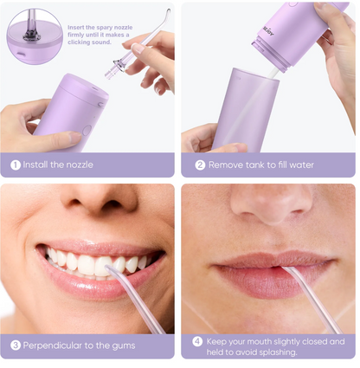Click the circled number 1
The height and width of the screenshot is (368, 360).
tap(16, 165)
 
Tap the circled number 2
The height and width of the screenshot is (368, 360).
tap(200, 165)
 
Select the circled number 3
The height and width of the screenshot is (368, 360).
tap(16, 345)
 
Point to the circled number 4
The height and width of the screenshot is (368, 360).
tap(197, 342)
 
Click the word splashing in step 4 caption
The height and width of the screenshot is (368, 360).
tap(278, 352)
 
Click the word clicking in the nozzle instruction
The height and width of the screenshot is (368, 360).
tap(79, 42)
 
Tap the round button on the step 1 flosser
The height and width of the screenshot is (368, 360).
tap(87, 130)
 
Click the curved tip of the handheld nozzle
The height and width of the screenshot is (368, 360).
tap(166, 13)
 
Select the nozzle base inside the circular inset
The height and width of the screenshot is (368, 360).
tap(31, 35)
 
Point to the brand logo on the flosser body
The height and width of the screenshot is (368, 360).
tap(268, 30)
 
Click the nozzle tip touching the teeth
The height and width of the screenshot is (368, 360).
tap(109, 269)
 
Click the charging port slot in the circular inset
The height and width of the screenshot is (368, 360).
tap(21, 54)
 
